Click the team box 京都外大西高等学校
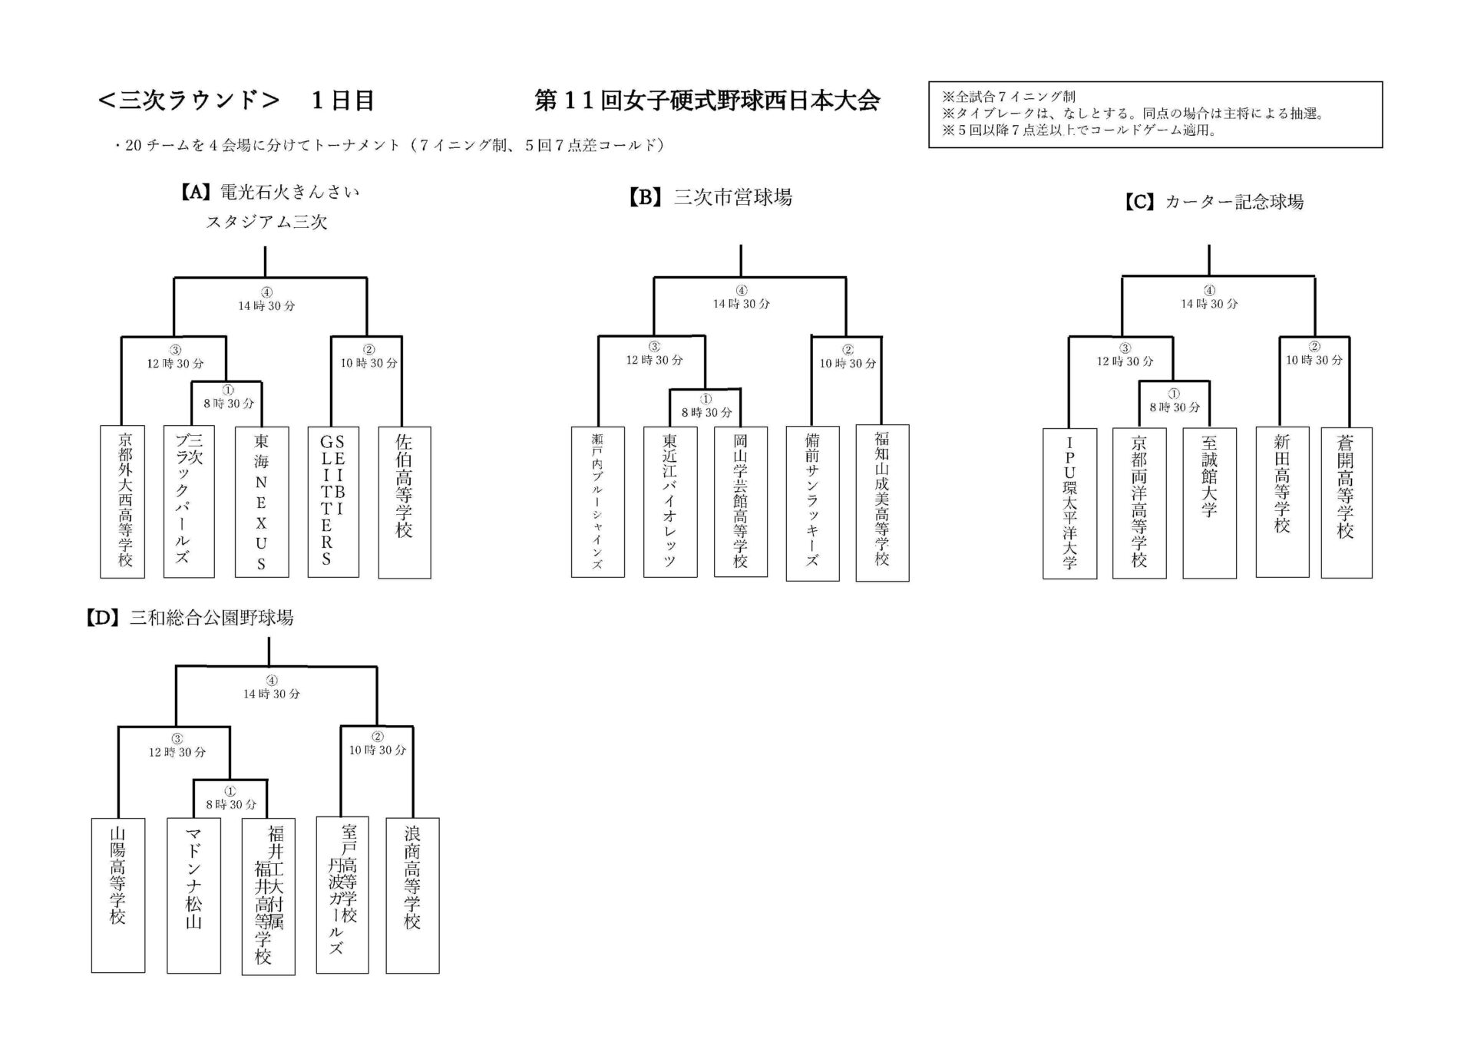(x=123, y=502)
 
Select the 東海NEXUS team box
(x=262, y=502)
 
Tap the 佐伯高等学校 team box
(x=405, y=502)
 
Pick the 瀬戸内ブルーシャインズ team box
(x=597, y=502)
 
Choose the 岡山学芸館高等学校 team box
(x=740, y=502)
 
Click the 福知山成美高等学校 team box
(x=882, y=503)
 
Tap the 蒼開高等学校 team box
(x=1346, y=503)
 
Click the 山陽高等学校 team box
(x=117, y=895)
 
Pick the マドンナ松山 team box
(x=193, y=895)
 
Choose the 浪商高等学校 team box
(x=412, y=895)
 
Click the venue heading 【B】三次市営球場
(x=710, y=198)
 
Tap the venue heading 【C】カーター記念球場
(x=1214, y=202)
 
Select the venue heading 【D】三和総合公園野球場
(x=190, y=618)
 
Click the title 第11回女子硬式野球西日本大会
(x=706, y=101)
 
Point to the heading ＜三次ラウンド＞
(x=189, y=101)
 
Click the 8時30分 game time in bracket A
(x=228, y=403)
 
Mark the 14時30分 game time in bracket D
(x=272, y=694)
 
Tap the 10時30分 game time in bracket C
(x=1314, y=360)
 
